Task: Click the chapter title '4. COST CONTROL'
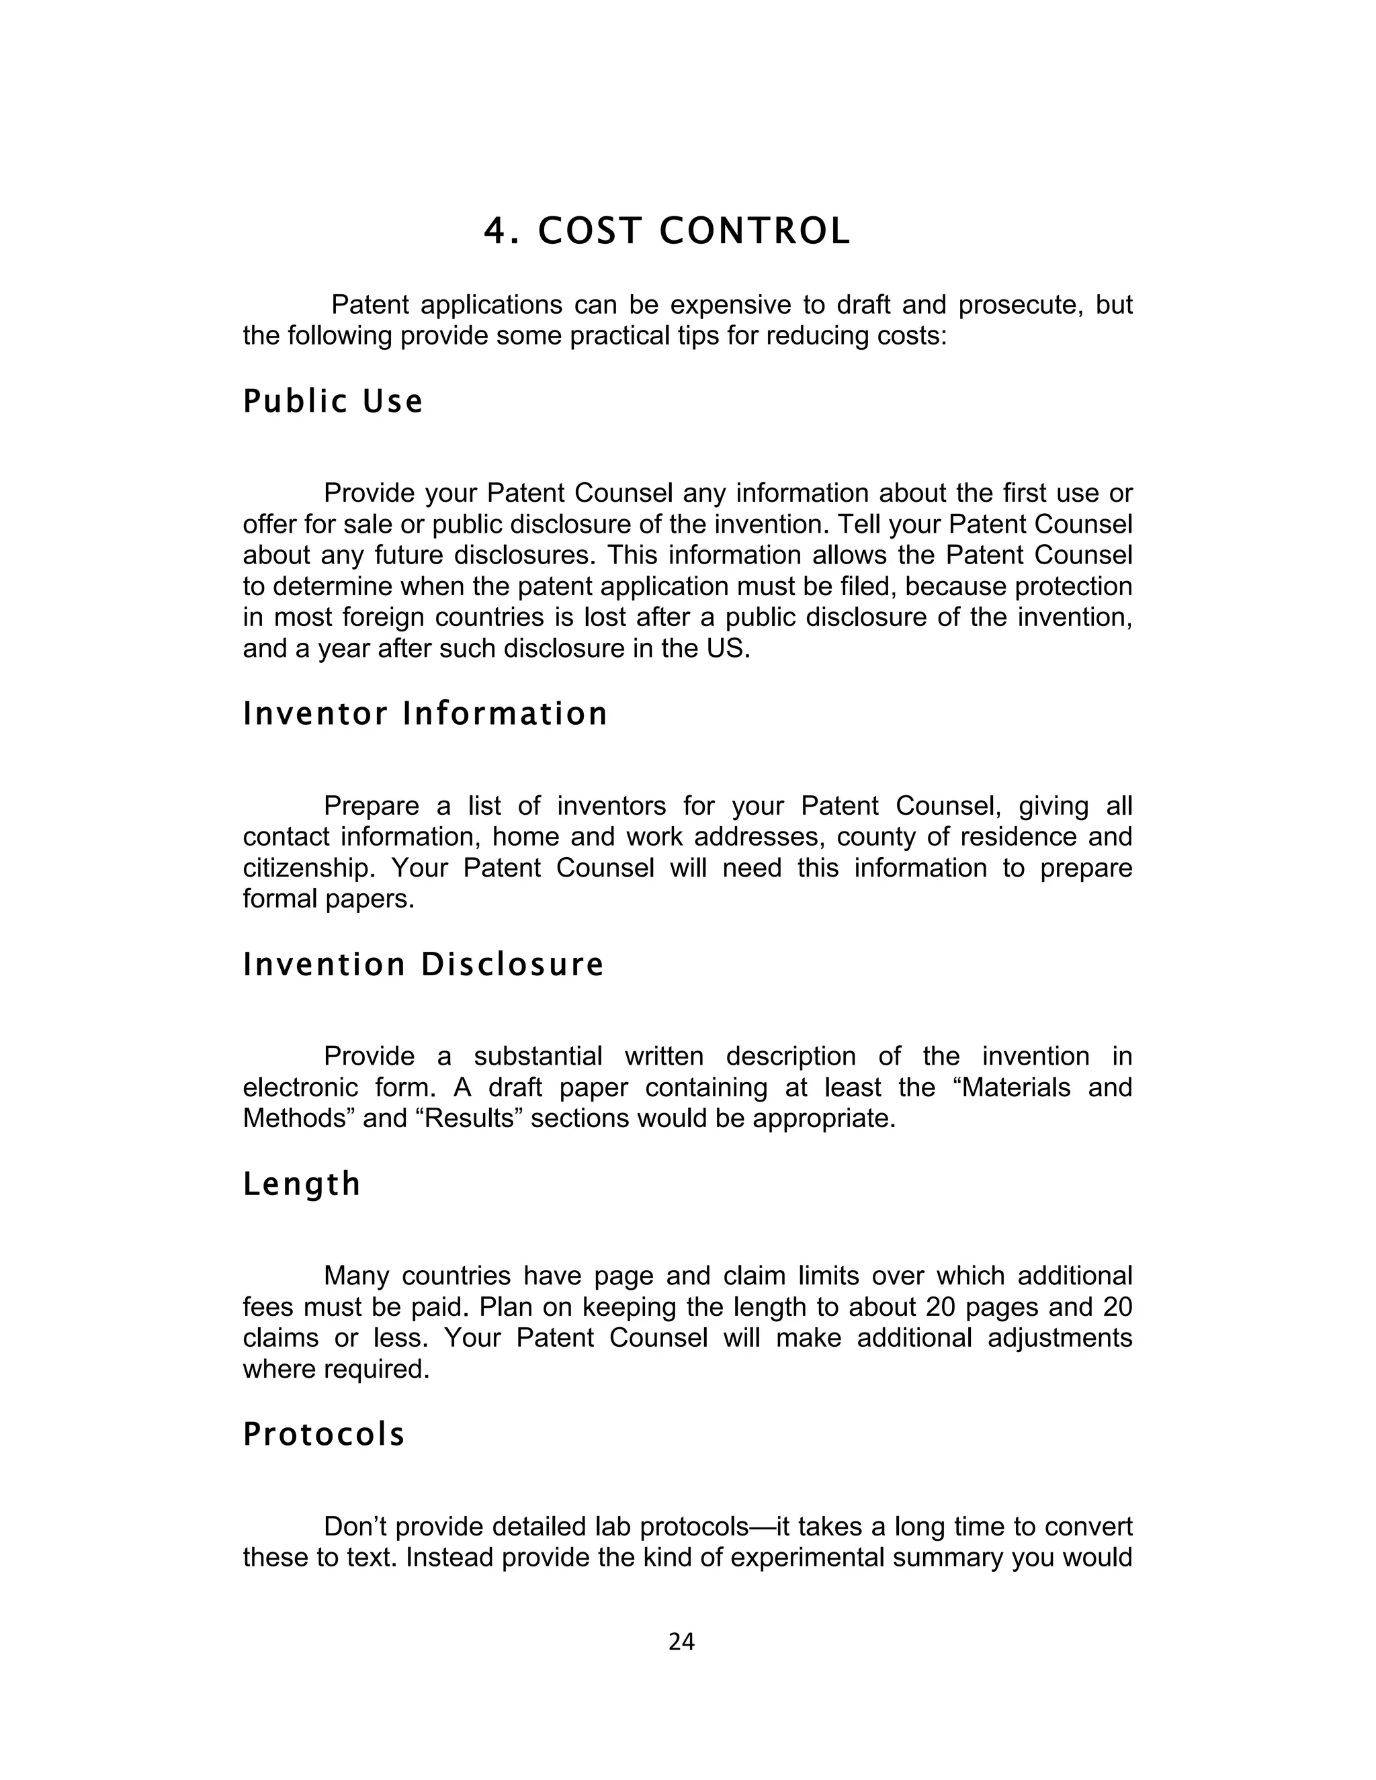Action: pyautogui.click(x=666, y=232)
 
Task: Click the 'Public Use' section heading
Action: pyautogui.click(x=333, y=402)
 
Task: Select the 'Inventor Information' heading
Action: pyautogui.click(x=425, y=714)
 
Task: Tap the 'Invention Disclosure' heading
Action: pyautogui.click(x=423, y=965)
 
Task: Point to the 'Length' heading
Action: pyautogui.click(x=302, y=1184)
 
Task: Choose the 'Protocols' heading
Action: pyautogui.click(x=324, y=1435)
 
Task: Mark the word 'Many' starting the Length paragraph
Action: pyautogui.click(x=356, y=1276)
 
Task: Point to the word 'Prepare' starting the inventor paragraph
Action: pyautogui.click(x=372, y=806)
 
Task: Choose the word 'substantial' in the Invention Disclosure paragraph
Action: pyautogui.click(x=537, y=1057)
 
